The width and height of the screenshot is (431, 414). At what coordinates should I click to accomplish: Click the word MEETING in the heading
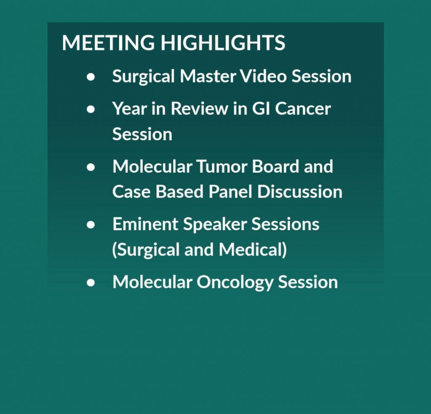coord(108,43)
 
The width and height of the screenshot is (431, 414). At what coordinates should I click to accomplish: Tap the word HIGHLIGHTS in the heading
coord(223,43)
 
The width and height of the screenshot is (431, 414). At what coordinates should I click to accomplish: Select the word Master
coord(208,76)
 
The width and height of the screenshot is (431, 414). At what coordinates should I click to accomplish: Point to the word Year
coord(129,108)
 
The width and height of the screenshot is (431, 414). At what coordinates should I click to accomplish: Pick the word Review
coord(199,108)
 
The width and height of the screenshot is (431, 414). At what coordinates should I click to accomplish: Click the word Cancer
coord(303,108)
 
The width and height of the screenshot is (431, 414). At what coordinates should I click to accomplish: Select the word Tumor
coord(222,166)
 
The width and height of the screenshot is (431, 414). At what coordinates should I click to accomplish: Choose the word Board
coord(275,166)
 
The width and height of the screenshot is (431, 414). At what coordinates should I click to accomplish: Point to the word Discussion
coord(300,192)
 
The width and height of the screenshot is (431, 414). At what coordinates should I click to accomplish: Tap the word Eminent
coord(145,224)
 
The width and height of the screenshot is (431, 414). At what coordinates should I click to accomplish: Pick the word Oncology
coord(235,283)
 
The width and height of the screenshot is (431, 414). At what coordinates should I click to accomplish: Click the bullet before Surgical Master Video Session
coord(91,77)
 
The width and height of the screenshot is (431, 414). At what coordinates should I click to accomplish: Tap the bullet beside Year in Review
coord(91,109)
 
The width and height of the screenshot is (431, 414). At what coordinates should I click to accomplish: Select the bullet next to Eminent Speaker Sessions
coord(91,225)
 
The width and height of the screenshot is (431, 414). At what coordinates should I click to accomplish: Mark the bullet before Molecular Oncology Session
coord(91,283)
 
